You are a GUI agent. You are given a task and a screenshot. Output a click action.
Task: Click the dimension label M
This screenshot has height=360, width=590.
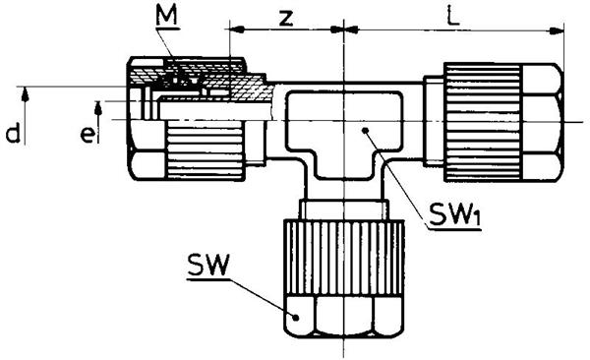(167, 16)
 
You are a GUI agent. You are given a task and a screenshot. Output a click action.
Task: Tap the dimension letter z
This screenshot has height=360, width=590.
(286, 19)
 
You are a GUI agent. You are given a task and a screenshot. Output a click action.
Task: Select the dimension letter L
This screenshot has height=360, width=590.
(453, 16)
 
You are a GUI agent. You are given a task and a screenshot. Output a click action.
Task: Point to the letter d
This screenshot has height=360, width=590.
(13, 134)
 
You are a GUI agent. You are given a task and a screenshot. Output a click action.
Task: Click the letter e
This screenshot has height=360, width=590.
(88, 135)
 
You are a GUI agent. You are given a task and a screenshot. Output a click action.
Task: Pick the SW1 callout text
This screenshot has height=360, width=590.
(454, 216)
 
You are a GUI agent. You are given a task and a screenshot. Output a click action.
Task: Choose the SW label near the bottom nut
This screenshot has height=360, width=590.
(208, 266)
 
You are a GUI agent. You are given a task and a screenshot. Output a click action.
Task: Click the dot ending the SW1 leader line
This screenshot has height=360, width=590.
(365, 130)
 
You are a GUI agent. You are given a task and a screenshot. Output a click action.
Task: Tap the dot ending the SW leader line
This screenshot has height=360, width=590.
(296, 318)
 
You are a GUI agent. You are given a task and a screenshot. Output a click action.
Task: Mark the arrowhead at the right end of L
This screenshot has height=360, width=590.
(557, 30)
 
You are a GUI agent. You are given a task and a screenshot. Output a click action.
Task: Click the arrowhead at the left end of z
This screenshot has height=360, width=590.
(237, 30)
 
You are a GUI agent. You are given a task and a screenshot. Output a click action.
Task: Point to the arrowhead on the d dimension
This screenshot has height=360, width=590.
(25, 93)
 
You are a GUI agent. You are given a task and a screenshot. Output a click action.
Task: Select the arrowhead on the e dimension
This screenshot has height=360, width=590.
(98, 107)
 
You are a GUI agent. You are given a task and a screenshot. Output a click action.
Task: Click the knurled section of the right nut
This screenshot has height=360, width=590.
(483, 122)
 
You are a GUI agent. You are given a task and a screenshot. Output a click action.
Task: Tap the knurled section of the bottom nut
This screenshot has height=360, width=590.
(343, 258)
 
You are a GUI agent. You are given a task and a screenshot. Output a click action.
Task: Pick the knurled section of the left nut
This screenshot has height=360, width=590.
(206, 150)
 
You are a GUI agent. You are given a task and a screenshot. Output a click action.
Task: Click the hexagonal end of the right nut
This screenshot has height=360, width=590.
(542, 122)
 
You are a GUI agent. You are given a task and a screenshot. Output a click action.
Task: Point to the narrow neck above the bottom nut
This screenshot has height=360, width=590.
(343, 210)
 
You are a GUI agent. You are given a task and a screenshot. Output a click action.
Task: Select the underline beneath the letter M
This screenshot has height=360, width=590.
(168, 29)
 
